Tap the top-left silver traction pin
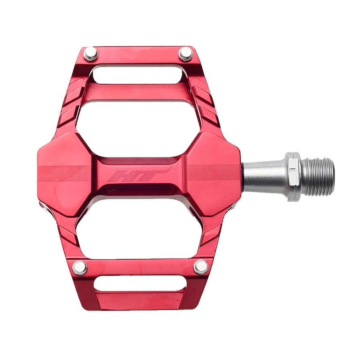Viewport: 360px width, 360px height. click(x=90, y=54)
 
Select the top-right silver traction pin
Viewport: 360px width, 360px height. click(x=186, y=54)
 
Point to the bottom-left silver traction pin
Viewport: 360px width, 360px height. click(x=80, y=268)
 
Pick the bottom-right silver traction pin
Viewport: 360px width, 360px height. click(x=201, y=267)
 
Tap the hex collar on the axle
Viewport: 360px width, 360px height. click(x=293, y=176)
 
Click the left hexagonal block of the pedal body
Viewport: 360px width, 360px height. click(x=65, y=173)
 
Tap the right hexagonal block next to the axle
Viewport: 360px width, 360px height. click(x=214, y=173)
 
